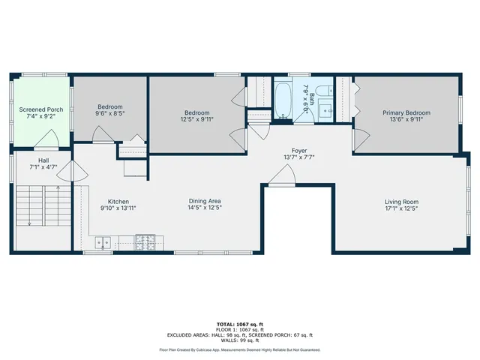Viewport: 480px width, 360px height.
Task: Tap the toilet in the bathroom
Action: click(321, 92)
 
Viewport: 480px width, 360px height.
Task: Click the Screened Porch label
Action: click(41, 109)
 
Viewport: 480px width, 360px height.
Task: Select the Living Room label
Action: click(401, 202)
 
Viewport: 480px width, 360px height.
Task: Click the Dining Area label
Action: click(204, 201)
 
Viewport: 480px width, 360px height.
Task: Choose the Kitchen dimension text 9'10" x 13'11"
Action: click(118, 208)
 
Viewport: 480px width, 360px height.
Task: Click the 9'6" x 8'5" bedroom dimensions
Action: click(110, 115)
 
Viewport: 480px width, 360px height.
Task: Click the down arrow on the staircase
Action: click(29, 221)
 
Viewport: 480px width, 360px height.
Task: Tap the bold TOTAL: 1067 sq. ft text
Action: click(240, 324)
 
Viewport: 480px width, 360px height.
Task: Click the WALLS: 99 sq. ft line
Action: click(240, 340)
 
